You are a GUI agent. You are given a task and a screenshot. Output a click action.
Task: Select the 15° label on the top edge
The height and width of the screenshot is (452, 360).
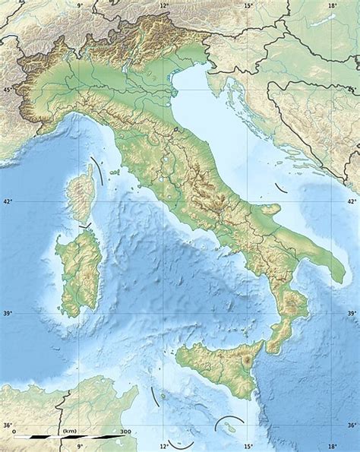[248, 5]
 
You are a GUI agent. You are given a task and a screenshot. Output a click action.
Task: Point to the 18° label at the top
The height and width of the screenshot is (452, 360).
[332, 5]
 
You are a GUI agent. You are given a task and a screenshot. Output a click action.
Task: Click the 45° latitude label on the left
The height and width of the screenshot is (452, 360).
[8, 90]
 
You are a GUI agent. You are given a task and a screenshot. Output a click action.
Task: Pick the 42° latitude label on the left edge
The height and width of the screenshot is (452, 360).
[8, 202]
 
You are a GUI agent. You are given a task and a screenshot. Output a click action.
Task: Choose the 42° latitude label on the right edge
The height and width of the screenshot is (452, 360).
[351, 202]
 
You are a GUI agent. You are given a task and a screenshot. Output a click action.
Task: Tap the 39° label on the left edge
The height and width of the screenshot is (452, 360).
[8, 314]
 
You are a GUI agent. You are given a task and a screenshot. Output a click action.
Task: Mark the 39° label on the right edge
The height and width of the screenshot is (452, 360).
[351, 314]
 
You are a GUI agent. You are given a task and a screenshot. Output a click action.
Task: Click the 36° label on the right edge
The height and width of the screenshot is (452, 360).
[351, 425]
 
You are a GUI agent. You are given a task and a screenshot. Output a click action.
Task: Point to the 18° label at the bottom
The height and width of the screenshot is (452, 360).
[332, 447]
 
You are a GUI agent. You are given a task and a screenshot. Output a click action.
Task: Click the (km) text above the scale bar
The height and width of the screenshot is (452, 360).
[70, 430]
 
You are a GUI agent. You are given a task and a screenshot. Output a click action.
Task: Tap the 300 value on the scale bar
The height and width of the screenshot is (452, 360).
[124, 430]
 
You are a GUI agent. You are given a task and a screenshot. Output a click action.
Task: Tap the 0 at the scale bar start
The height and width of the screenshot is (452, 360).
[14, 430]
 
